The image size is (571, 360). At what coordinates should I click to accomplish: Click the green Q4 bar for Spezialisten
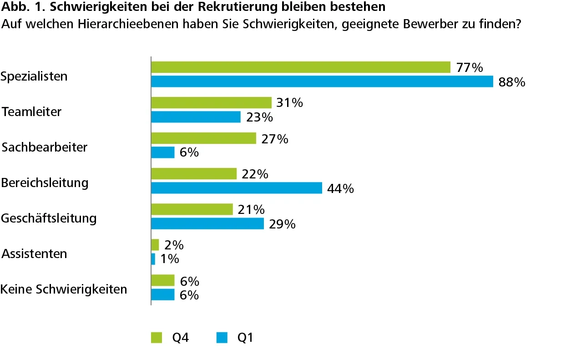(x=300, y=67)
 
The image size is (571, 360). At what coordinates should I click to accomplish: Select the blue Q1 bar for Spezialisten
(x=322, y=81)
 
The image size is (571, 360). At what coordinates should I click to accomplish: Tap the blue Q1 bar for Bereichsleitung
(x=237, y=188)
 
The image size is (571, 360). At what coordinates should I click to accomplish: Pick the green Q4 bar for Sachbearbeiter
(x=203, y=138)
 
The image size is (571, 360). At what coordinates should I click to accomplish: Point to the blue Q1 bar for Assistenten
(x=153, y=259)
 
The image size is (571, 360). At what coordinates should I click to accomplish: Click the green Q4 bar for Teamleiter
(x=211, y=103)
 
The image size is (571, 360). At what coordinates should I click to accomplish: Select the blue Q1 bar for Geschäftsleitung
(x=207, y=223)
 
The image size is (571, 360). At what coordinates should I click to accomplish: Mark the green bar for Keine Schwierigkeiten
(x=163, y=280)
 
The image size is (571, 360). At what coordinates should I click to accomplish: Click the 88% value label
(x=512, y=82)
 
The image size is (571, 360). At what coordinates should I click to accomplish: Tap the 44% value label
(x=340, y=188)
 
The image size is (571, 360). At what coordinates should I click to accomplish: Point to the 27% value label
(x=275, y=139)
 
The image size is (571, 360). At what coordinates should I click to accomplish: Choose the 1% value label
(x=169, y=259)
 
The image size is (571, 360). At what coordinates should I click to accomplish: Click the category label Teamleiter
(x=31, y=112)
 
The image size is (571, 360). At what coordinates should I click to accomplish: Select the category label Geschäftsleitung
(x=49, y=218)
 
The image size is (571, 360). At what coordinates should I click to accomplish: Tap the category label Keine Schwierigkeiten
(x=64, y=289)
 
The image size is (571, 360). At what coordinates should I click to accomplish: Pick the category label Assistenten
(x=34, y=254)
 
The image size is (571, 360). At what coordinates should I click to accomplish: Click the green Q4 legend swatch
(x=157, y=338)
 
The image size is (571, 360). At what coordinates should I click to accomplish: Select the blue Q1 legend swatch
(x=222, y=338)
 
